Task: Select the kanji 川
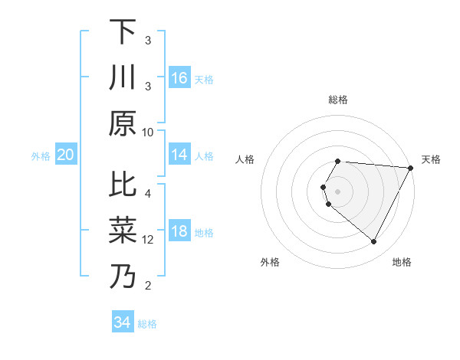pos(122,78)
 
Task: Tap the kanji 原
pos(122,123)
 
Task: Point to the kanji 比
pos(122,185)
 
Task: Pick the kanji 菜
pos(122,231)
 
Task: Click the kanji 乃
pos(122,277)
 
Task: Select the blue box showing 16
pos(179,78)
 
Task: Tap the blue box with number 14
pos(179,155)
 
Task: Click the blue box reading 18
pos(179,231)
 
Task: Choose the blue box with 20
pos(65,155)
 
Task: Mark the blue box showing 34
pos(122,322)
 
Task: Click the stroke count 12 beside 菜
pos(148,240)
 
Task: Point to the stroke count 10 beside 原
pos(148,132)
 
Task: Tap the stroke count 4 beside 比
pos(148,194)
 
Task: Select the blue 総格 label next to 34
pos(147,324)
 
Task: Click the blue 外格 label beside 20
pos(41,156)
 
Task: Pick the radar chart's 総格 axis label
pos(338,100)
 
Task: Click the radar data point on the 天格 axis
pos(411,168)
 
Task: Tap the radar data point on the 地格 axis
pos(374,242)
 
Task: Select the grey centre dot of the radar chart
pos(338,191)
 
